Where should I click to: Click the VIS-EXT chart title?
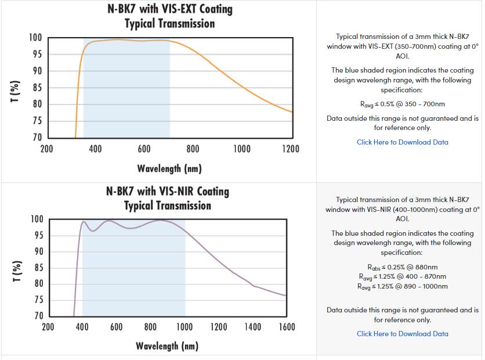click(x=169, y=16)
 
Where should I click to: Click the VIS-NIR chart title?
click(x=168, y=198)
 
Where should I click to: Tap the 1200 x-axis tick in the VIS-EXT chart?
click(x=290, y=149)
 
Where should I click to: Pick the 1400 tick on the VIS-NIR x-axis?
click(x=252, y=327)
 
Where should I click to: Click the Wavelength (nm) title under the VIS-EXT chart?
click(x=169, y=168)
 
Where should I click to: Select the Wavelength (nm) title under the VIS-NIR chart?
click(x=167, y=346)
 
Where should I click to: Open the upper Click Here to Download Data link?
click(x=402, y=142)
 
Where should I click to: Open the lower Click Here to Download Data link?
click(x=402, y=334)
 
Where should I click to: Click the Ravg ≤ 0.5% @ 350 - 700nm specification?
click(x=402, y=105)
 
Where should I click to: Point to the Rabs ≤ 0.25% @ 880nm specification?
click(x=402, y=267)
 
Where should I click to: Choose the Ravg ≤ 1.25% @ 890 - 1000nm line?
click(x=402, y=286)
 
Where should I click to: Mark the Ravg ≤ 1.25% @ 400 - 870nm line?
click(x=402, y=276)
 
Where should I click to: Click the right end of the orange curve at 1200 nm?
click(x=291, y=112)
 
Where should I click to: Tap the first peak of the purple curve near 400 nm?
click(x=84, y=221)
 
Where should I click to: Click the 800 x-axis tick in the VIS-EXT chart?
click(x=193, y=149)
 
